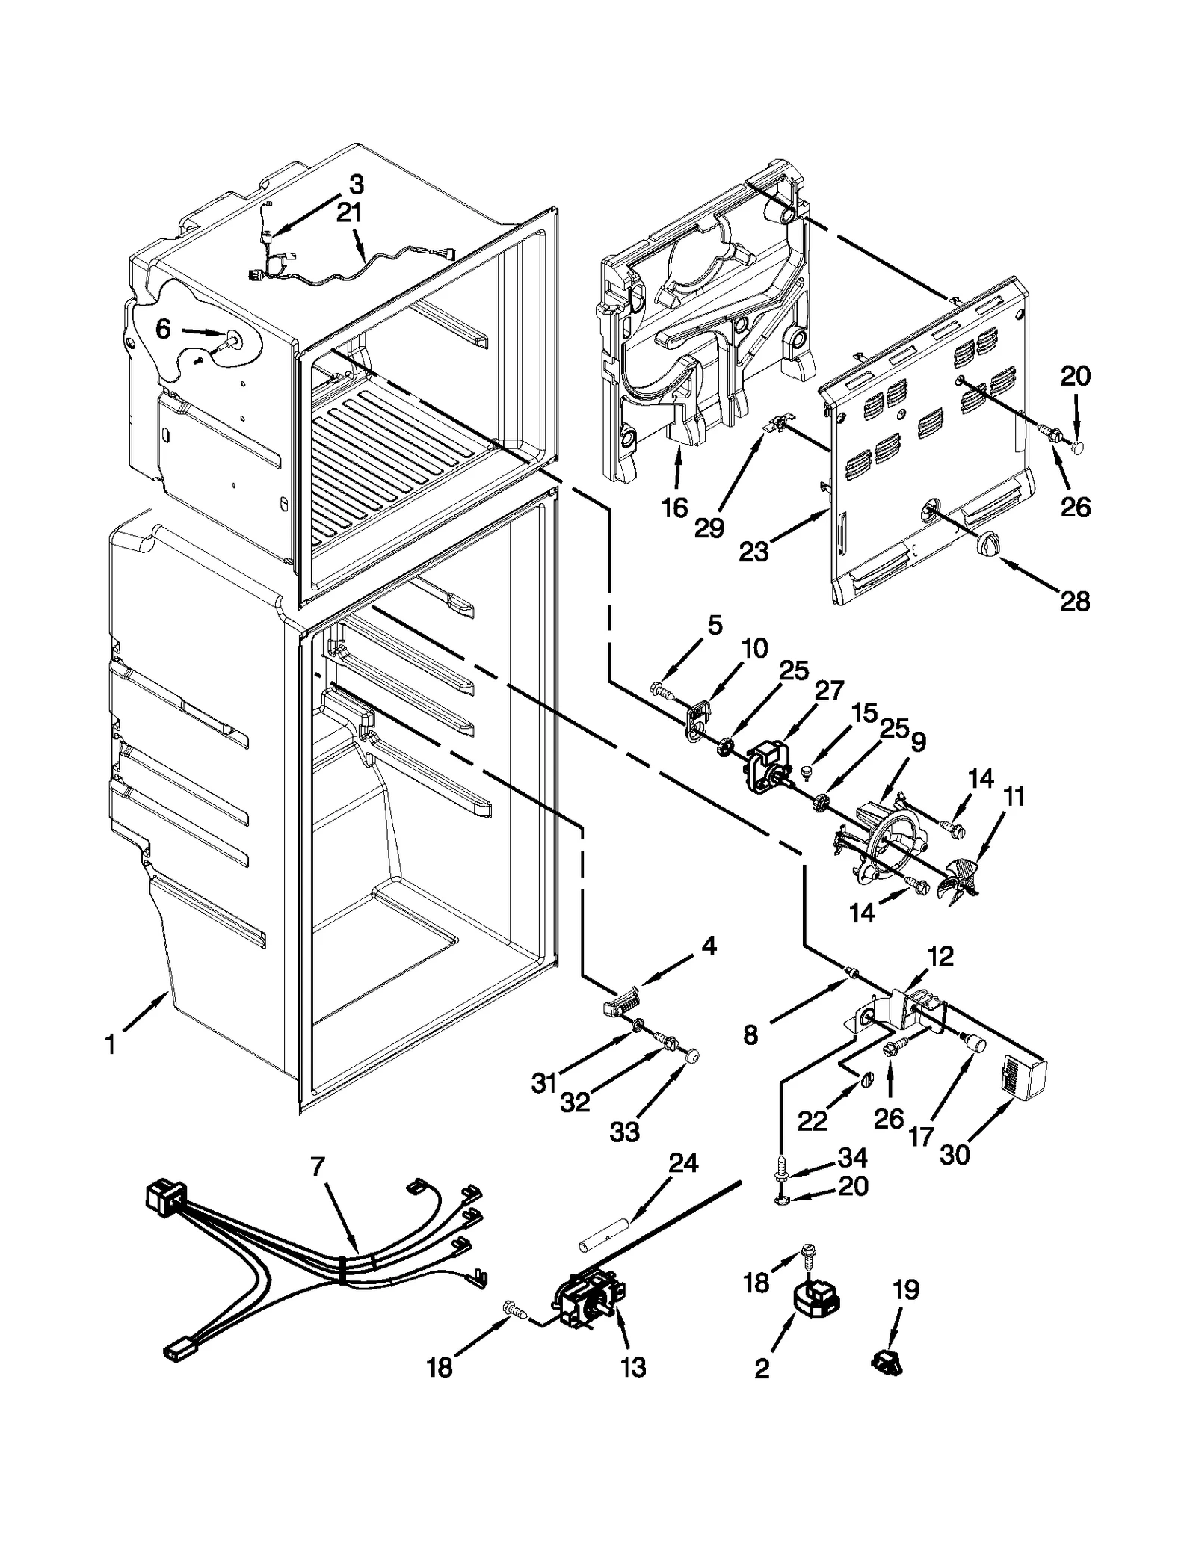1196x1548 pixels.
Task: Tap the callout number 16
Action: (674, 508)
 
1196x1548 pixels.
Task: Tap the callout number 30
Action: (955, 1154)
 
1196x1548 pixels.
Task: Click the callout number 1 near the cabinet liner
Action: (110, 1045)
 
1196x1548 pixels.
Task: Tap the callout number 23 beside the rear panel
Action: (753, 552)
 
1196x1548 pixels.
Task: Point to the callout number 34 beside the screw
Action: (852, 1158)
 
